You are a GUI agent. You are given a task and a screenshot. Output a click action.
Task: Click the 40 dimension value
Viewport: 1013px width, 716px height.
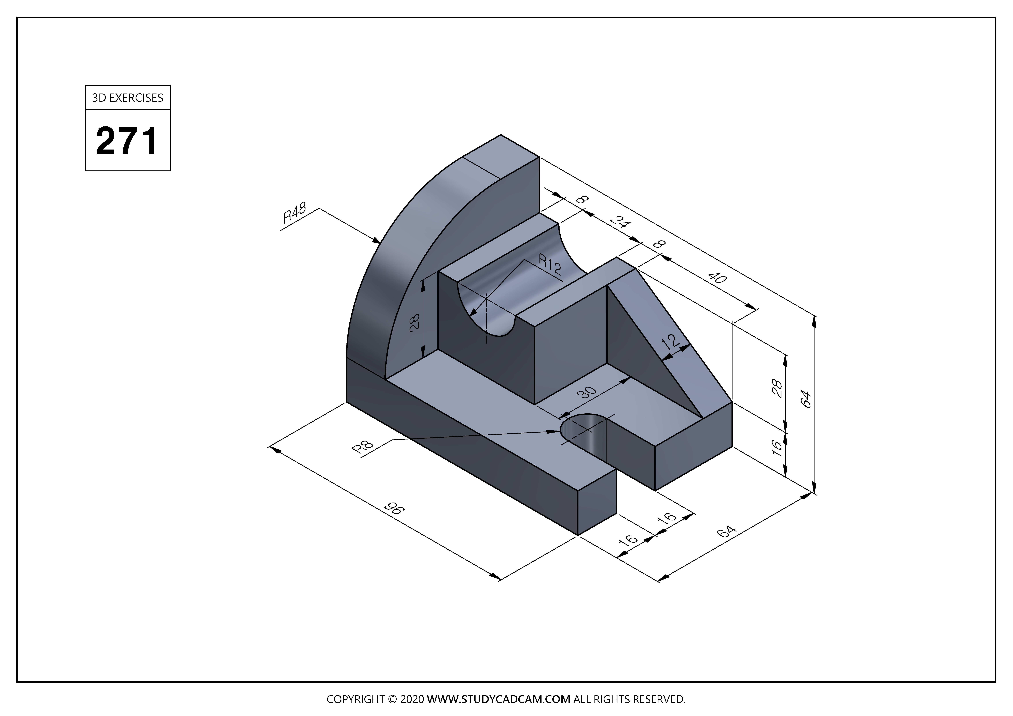717,278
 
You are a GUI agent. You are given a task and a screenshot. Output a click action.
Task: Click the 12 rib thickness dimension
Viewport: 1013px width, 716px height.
670,342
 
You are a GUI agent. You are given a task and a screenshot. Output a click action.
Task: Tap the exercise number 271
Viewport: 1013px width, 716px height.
127,141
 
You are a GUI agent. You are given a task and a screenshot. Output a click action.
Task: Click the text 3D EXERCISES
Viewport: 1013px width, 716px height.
127,98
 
